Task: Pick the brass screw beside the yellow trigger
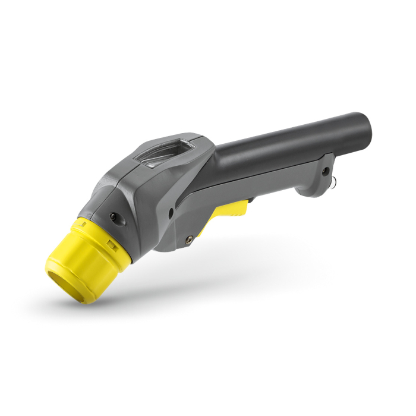[x=189, y=239]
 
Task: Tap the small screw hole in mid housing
[x=171, y=211]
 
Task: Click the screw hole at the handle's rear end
[x=325, y=171]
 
